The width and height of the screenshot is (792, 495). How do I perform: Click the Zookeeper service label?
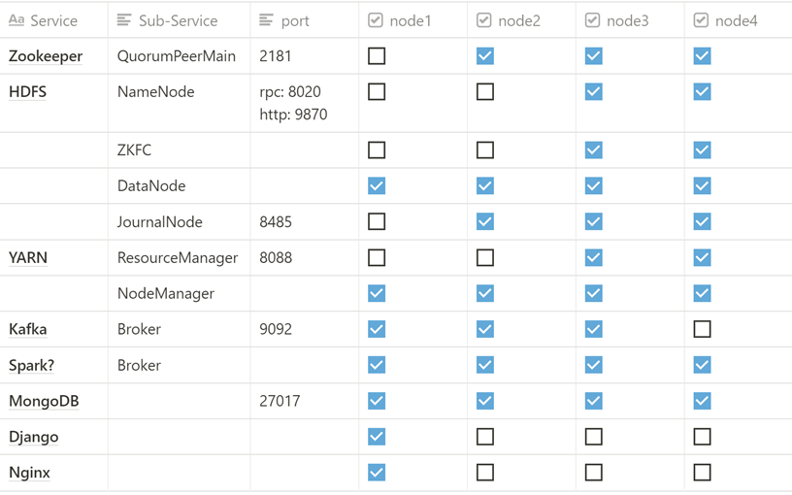[46, 56]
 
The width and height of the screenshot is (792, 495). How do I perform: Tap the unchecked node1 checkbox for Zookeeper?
[377, 56]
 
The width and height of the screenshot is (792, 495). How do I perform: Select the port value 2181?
[276, 56]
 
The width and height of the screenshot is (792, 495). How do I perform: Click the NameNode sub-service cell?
[155, 92]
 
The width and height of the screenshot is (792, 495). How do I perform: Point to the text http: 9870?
[293, 115]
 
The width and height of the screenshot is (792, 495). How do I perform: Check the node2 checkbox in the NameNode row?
[485, 92]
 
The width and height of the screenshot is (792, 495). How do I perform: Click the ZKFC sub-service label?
[134, 150]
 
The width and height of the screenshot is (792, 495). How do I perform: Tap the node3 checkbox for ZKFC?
[594, 150]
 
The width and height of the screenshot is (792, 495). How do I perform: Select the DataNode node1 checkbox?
[377, 186]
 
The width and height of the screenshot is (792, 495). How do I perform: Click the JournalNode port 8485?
[276, 222]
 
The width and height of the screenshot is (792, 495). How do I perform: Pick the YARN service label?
[28, 258]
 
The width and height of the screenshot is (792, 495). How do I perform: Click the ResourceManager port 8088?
[276, 258]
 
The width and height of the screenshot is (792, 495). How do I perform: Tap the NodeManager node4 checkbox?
[703, 293]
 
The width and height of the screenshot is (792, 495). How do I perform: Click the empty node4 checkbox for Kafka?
[703, 329]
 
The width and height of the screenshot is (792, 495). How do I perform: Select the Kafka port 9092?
[276, 329]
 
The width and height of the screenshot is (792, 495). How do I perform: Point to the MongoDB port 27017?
[280, 401]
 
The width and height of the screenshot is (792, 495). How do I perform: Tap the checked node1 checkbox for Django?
[377, 437]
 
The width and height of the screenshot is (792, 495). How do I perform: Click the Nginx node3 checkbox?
[594, 473]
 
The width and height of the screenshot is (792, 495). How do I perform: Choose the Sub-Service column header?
[178, 20]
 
